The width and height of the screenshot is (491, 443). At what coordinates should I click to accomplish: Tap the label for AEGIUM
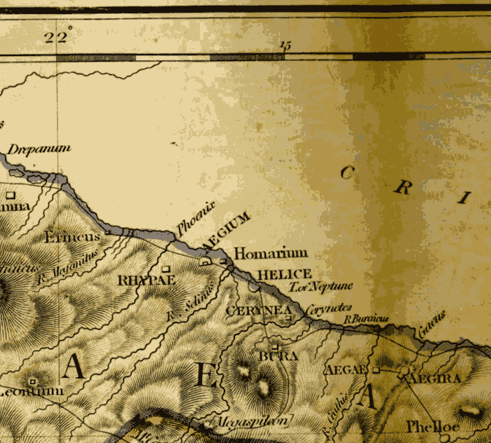click(226, 231)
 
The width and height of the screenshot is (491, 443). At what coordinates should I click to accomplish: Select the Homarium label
click(270, 254)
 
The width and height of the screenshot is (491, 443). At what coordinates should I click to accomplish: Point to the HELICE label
click(283, 274)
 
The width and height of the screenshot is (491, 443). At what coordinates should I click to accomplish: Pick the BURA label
click(278, 356)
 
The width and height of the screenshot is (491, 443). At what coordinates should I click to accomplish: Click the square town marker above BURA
click(275, 346)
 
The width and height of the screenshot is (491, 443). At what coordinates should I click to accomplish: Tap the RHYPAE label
click(145, 280)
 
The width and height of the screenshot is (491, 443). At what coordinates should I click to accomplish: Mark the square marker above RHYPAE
click(166, 268)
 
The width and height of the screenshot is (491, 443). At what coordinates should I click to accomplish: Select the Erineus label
click(72, 238)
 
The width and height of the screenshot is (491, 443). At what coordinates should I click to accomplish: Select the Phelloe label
click(432, 426)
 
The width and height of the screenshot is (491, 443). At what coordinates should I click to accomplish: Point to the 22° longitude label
click(58, 37)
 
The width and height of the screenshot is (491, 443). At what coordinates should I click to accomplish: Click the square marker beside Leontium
click(32, 381)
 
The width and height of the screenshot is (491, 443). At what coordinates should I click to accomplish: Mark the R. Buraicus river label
click(365, 318)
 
